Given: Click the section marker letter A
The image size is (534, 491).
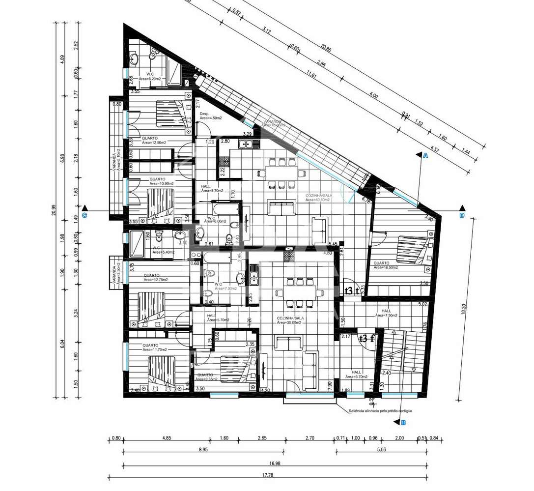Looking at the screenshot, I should click(x=425, y=156).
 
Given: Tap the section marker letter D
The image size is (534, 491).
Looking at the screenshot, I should click(x=461, y=215).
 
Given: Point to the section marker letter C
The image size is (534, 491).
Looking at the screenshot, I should click(x=85, y=215).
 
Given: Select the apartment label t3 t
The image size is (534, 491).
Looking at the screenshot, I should click(x=351, y=290).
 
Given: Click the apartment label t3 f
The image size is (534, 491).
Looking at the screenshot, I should click(x=366, y=338).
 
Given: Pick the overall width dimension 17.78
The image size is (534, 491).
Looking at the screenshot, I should click(x=267, y=475).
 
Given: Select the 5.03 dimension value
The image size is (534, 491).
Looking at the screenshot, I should click(x=381, y=449).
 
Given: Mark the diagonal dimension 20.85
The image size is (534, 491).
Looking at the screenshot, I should click(x=326, y=48).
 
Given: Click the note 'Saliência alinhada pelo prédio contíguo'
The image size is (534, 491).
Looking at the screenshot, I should click(x=380, y=410).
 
